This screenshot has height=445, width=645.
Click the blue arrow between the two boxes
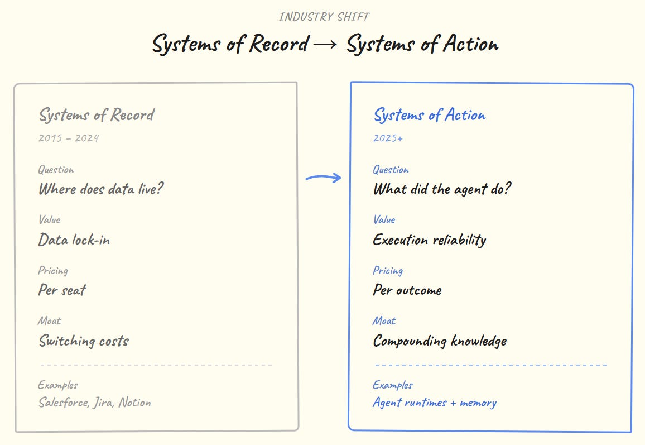tap(323, 178)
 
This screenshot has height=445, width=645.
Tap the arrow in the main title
tap(325, 45)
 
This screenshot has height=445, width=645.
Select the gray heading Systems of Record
tap(96, 115)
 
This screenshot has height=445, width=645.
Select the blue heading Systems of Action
tap(429, 115)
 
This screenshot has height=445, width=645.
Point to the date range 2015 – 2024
tap(68, 138)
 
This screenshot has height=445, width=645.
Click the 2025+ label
tap(388, 138)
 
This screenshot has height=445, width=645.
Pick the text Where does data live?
tap(101, 189)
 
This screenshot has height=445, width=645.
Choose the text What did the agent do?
tap(442, 189)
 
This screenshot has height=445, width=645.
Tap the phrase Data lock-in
tap(74, 240)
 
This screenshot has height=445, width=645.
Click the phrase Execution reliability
tap(429, 240)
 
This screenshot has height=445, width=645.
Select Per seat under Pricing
tap(62, 290)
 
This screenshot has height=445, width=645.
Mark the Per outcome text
tap(407, 290)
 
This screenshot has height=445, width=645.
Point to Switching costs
tap(84, 341)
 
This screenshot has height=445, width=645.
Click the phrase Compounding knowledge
tap(440, 341)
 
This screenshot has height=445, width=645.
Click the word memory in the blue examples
tap(478, 403)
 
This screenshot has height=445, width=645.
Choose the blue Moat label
tap(384, 321)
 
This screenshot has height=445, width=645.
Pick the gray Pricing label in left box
tap(53, 271)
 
